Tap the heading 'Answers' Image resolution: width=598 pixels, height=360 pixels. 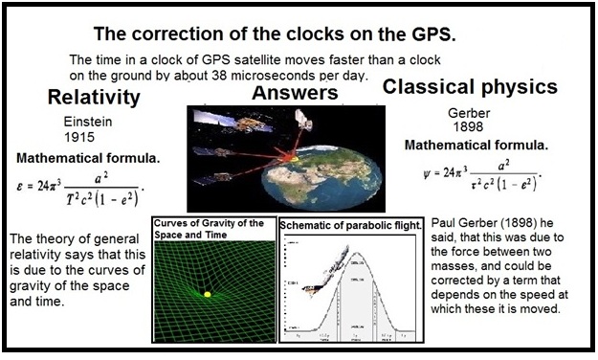click(x=294, y=93)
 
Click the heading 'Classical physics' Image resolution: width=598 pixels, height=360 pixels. click(x=470, y=87)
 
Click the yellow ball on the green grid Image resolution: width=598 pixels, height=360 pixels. click(x=205, y=294)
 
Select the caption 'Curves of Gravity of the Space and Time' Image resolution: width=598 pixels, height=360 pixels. click(x=213, y=230)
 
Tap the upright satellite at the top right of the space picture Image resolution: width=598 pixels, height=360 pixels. click(x=303, y=119)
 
